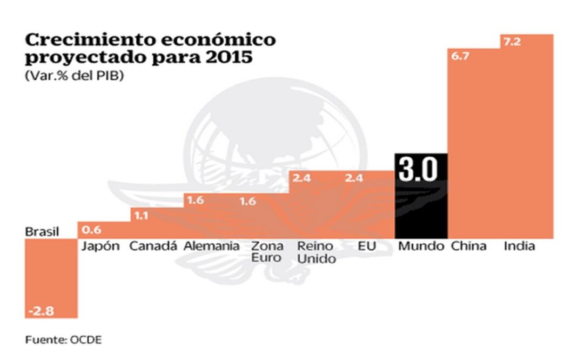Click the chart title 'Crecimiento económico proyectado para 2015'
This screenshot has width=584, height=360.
[150, 48]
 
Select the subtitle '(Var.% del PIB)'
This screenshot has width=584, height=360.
[74, 76]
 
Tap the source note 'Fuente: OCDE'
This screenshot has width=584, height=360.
[63, 340]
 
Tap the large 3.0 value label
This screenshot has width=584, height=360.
[417, 170]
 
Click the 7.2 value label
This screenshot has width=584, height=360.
[512, 42]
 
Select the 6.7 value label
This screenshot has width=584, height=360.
[460, 56]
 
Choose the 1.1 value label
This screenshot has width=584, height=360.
[142, 215]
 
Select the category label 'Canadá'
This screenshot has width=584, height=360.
[153, 246]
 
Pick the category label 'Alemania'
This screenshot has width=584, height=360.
[211, 246]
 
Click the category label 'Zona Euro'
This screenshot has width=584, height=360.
[267, 252]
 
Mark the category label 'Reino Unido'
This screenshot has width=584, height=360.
[317, 252]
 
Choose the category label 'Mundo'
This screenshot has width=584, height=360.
[421, 246]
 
